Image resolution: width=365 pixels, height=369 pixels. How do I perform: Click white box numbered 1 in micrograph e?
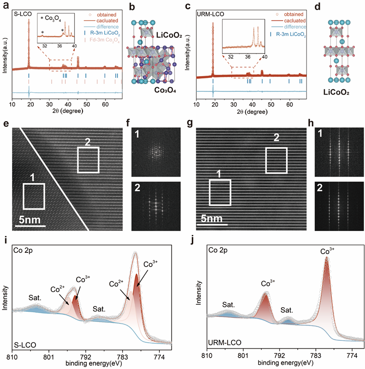34,197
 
